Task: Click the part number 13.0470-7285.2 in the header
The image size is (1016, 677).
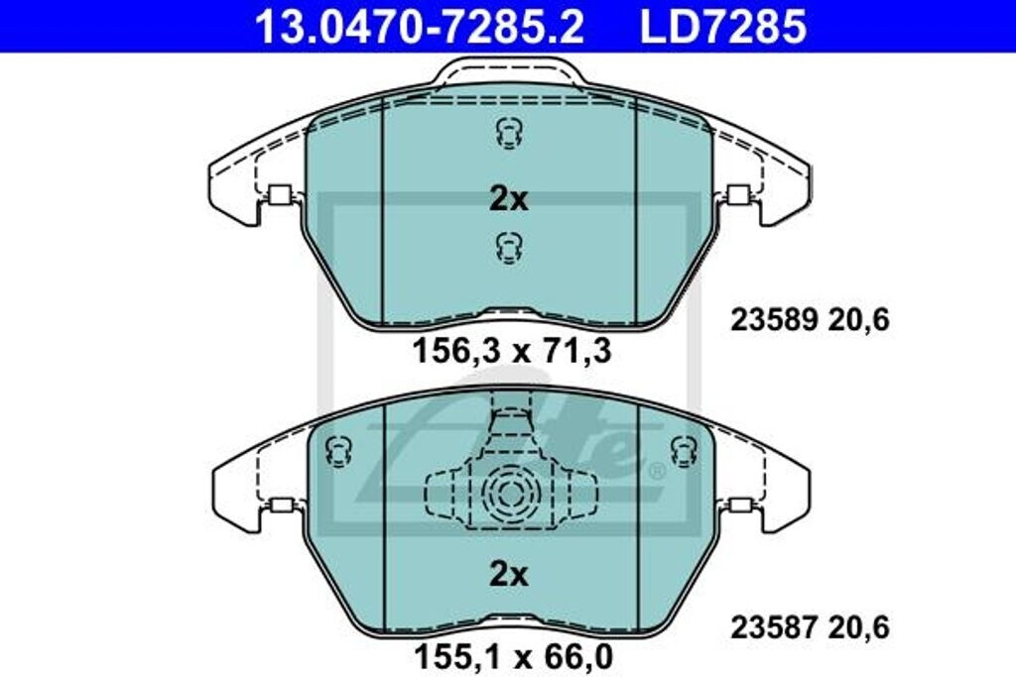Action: pos(420,27)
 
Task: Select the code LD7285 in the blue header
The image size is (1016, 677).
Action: pos(722,27)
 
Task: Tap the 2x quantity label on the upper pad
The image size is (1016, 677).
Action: pos(508,199)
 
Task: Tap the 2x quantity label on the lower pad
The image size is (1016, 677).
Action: pos(508,574)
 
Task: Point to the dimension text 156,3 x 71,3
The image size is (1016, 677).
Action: pos(510,350)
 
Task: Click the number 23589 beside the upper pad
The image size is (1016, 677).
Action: pos(774,320)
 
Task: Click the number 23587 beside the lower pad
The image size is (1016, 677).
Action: pos(774,627)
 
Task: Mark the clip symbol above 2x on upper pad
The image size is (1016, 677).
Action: pos(508,132)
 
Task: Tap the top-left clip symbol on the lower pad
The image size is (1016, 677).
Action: pos(339,451)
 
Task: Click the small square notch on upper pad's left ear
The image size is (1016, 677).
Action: pos(279,195)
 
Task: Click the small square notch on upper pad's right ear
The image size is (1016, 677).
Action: pos(737,195)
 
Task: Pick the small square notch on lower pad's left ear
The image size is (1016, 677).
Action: pos(281,506)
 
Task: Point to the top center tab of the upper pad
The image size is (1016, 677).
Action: pos(508,70)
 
